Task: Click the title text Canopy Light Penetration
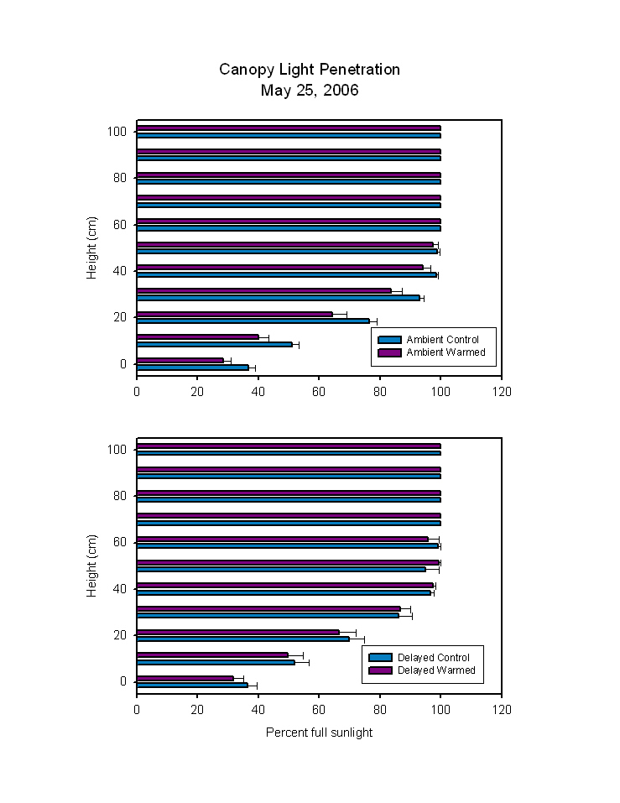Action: click(x=310, y=70)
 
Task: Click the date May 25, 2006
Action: click(x=310, y=91)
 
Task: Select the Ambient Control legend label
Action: click(x=442, y=340)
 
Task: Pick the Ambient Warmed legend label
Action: click(x=445, y=352)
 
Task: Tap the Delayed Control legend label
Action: click(x=434, y=658)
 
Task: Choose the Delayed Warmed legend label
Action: click(x=436, y=670)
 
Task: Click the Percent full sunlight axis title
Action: click(x=319, y=733)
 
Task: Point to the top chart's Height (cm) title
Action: click(x=93, y=248)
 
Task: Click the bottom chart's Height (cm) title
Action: click(x=93, y=566)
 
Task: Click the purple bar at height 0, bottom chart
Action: click(x=185, y=678)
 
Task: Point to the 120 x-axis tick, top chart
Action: click(x=501, y=391)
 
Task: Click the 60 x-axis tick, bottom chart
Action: click(x=319, y=709)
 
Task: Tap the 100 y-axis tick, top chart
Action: click(x=117, y=132)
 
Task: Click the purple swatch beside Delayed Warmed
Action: click(x=381, y=670)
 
